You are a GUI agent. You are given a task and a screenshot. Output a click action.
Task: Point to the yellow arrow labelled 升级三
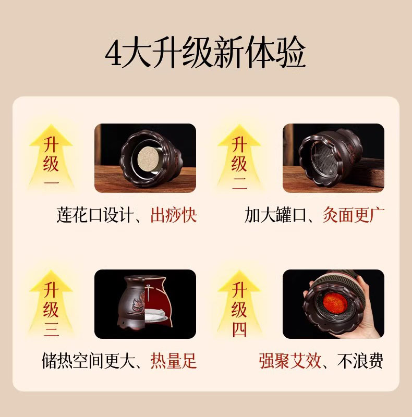51,303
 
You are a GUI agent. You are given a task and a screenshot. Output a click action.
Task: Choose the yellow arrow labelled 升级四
239,303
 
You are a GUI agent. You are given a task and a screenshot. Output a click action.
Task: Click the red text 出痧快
174,215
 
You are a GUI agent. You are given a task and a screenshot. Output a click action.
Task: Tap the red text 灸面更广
354,215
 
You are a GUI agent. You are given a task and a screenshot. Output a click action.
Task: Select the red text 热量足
174,361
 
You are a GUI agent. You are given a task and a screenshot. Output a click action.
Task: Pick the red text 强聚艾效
290,361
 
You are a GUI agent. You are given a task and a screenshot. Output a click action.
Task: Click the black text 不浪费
360,361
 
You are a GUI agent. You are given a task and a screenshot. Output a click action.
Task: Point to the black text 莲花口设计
95,215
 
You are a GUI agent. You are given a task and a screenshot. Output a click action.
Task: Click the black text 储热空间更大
88,361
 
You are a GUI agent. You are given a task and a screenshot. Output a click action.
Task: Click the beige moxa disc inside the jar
148,159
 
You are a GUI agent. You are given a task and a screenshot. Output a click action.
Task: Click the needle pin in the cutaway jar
148,292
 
